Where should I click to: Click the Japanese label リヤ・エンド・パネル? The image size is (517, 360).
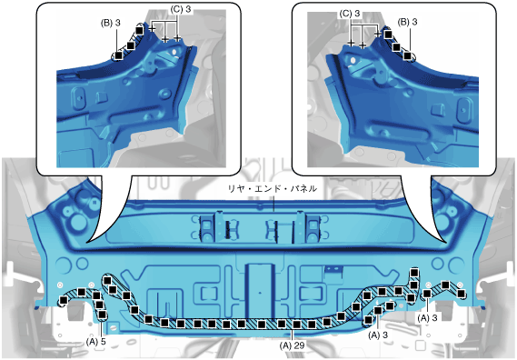(x=273, y=189)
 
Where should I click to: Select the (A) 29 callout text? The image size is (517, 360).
(x=292, y=345)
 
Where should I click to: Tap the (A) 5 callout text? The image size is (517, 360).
(x=96, y=342)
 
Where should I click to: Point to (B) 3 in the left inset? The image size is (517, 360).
(x=111, y=23)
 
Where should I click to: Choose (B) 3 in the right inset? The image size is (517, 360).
(x=408, y=22)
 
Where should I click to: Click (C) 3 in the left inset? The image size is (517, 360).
(x=181, y=9)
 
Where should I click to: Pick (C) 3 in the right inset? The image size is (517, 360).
(x=350, y=14)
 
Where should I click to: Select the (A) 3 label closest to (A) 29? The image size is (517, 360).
(x=378, y=335)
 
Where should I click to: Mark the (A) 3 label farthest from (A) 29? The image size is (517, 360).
(x=427, y=318)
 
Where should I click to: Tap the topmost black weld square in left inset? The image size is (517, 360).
(x=139, y=31)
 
